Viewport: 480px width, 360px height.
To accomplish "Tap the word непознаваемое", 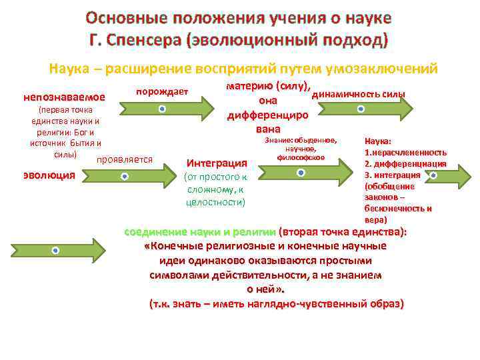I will pos(64,97).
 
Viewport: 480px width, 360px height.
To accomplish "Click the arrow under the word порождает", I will pos(161,108).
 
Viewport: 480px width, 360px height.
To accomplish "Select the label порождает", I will pos(163,91).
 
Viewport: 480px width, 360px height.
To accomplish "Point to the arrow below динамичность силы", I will pos(361,108).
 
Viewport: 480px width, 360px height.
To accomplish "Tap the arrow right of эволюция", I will pos(124,177).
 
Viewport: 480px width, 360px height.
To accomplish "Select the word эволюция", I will pos(49,176).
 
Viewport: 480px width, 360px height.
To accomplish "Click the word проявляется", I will pos(125,159).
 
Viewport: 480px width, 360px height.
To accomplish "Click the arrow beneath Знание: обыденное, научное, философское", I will pos(301,173).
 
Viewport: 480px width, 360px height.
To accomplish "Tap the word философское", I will pos(301,157).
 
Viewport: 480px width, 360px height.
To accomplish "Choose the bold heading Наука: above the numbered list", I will pos(378,141).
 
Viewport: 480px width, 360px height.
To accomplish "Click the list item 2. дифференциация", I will pos(405,163).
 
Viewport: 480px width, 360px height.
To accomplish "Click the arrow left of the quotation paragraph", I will pos(55,250).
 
